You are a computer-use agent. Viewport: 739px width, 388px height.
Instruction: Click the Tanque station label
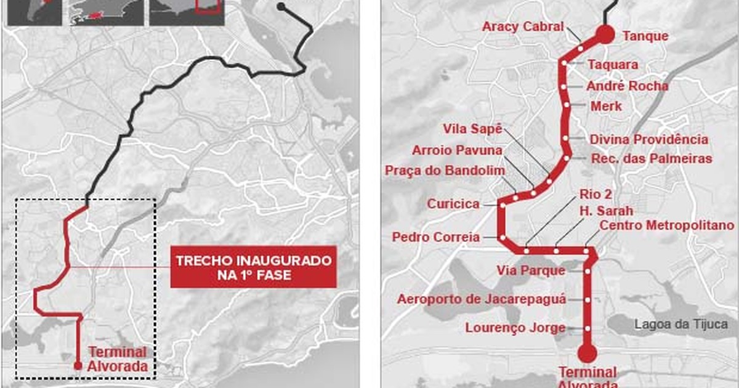645,36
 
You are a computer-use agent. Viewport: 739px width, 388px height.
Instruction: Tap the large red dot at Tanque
605,34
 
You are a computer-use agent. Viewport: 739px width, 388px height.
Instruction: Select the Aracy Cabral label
523,26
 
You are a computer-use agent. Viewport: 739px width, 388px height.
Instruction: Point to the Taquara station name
612,65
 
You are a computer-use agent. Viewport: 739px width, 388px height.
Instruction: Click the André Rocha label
627,86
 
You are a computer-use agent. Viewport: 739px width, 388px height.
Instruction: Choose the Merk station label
606,107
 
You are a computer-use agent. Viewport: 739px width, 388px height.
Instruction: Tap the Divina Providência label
648,140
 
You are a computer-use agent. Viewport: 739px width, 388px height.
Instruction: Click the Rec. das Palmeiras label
651,159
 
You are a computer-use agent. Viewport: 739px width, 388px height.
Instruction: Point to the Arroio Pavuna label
457,150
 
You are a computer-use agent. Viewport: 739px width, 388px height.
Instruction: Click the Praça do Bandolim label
445,171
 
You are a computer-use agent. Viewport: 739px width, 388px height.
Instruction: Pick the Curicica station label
453,204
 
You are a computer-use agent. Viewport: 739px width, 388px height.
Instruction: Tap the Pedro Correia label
435,237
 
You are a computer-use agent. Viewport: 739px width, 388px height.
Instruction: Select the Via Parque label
530,270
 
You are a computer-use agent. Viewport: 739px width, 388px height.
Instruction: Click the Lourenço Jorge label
504,328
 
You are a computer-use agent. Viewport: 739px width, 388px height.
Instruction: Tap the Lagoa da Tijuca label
681,324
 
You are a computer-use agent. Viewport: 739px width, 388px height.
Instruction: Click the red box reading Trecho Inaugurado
254,268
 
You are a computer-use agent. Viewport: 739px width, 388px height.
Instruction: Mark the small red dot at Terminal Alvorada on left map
78,366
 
